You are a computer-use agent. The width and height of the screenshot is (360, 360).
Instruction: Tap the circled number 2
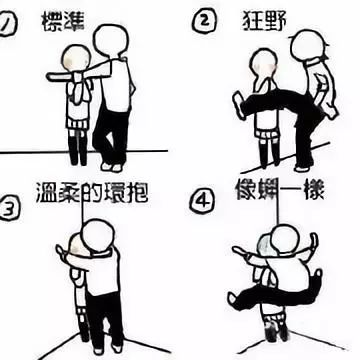(205, 21)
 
